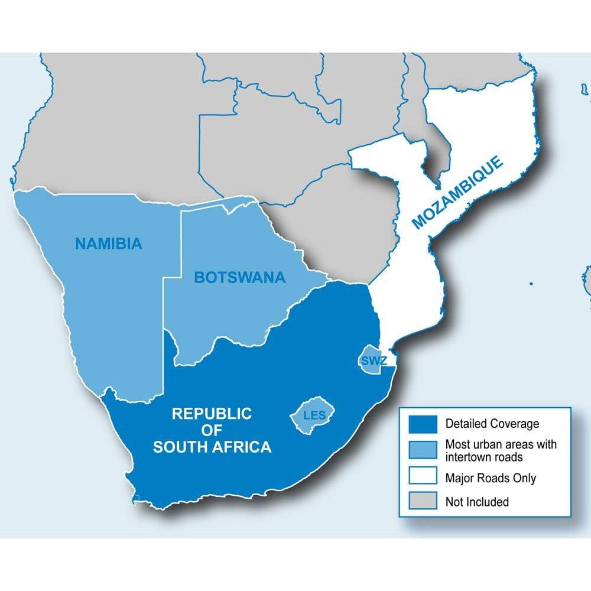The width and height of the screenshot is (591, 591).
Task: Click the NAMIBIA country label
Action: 109,243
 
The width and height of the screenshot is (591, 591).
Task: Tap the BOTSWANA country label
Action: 239,277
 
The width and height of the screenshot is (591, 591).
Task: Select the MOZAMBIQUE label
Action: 458,192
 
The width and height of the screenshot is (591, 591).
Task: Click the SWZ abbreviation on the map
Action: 371,360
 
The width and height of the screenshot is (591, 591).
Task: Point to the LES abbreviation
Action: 314,415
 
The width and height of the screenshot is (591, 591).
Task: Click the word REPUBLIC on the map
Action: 212,414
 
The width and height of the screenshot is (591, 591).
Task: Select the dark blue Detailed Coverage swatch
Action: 423,424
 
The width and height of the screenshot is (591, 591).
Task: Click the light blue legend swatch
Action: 423,450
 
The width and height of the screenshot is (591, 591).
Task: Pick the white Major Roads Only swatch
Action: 423,478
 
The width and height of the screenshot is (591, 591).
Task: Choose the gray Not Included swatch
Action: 423,502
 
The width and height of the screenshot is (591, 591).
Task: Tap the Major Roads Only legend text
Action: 491,478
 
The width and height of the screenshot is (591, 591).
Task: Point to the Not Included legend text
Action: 477,502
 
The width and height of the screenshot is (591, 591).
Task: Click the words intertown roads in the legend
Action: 484,456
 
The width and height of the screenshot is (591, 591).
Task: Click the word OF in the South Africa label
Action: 212,430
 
